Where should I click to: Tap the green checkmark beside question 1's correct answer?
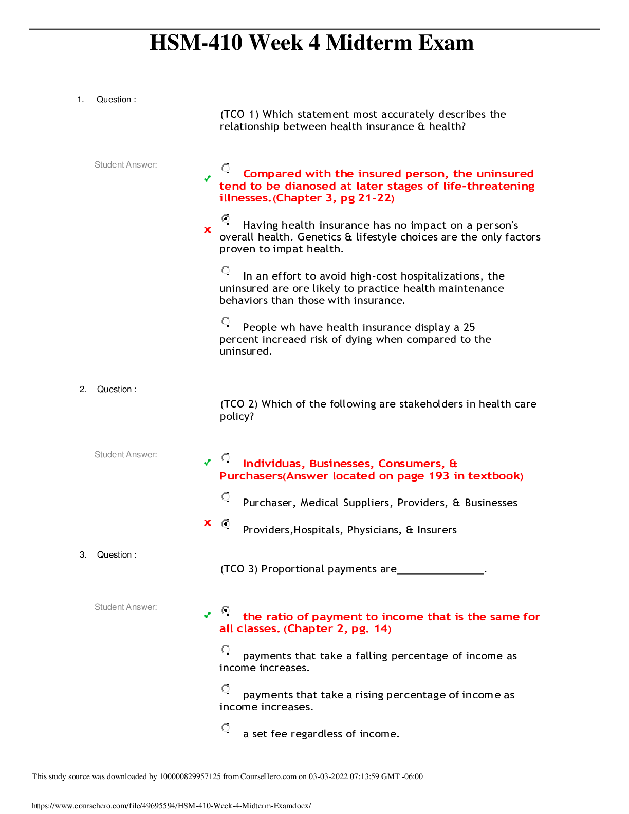[207, 178]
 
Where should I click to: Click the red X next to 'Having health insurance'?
[207, 230]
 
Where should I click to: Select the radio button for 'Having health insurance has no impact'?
[225, 219]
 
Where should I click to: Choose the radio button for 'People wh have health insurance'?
[225, 321]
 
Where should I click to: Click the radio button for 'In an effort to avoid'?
[225, 270]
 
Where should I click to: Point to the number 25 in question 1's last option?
[469, 327]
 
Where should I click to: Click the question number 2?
[83, 389]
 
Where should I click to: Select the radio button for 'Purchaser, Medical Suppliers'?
[225, 497]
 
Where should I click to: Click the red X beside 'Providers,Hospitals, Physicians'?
[207, 523]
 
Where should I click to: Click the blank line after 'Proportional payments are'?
[440, 573]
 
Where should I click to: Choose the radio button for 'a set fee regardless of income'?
[225, 728]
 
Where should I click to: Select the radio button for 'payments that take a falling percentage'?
[225, 650]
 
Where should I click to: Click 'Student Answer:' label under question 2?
[125, 454]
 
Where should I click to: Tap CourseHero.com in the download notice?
[268, 776]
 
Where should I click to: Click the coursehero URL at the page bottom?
[171, 805]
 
